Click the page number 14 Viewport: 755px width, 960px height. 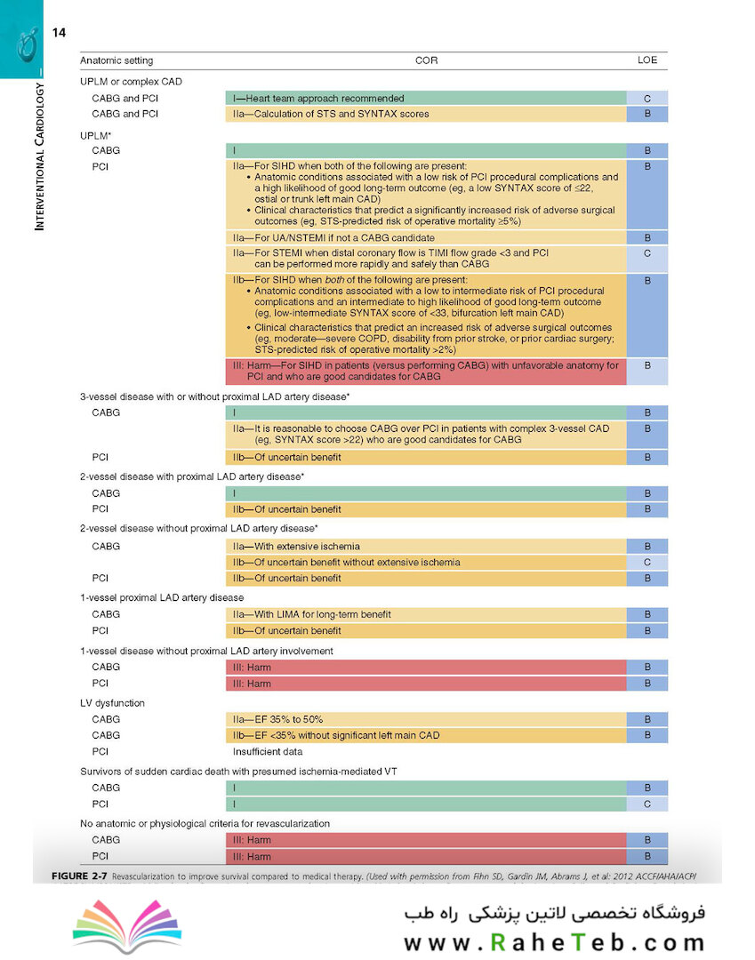pos(59,33)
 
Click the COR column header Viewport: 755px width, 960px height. pos(426,60)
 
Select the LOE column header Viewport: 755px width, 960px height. pos(647,60)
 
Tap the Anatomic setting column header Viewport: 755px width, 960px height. pos(116,60)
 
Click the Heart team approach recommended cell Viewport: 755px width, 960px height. pos(426,98)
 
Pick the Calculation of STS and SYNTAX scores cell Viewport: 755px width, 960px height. pos(426,114)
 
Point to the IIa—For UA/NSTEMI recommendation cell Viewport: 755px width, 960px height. pos(426,237)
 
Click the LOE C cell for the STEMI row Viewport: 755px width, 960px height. pos(647,259)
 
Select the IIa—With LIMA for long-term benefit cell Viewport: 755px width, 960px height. pos(426,614)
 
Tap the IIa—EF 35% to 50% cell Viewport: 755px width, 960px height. pos(426,719)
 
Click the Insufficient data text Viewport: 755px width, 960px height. pos(268,751)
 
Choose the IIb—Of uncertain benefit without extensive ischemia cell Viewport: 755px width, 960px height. pos(426,562)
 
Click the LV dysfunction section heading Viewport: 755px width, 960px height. pos(113,703)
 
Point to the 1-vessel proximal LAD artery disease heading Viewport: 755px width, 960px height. pos(162,597)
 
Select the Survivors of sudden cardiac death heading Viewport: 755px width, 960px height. pos(239,772)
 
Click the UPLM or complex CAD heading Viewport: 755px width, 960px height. pos(131,82)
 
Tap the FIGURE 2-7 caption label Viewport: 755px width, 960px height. pos(80,876)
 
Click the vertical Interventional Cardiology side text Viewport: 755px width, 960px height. pos(39,156)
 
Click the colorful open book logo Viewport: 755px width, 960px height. pos(127,925)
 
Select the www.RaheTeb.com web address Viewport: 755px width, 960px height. pos(554,942)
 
